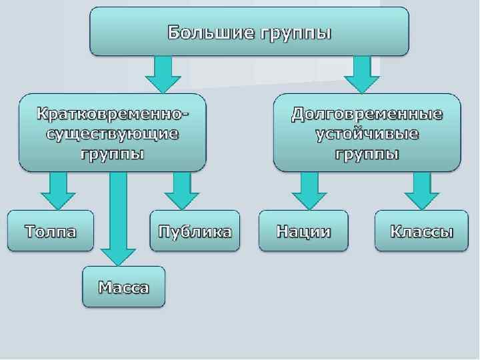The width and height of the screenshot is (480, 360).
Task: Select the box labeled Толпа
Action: point(51,231)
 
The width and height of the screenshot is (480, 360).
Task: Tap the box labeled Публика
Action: point(195,231)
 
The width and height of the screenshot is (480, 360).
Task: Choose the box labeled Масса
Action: point(124,287)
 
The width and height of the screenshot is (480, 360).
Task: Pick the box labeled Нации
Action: point(303,231)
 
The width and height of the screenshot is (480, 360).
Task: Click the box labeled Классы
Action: point(421,231)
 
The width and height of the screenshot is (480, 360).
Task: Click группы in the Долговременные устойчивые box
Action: point(367,154)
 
